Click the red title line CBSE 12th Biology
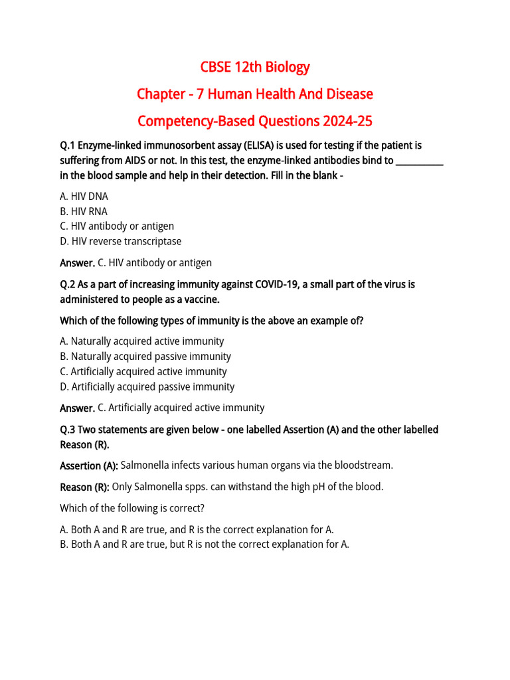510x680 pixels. (255, 67)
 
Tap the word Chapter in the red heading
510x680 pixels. (161, 94)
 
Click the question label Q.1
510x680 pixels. (68, 145)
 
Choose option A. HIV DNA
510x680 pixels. (84, 196)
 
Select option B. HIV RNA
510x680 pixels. (84, 211)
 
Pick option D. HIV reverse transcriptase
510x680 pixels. (120, 241)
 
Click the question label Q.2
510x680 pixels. (68, 284)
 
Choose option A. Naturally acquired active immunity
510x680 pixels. (141, 341)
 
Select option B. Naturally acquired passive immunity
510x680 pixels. (145, 357)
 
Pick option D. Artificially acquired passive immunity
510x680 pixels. (147, 386)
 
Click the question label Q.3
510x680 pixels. (68, 430)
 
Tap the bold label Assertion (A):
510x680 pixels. (89, 466)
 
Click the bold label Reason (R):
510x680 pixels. (84, 487)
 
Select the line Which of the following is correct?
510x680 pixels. (132, 508)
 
